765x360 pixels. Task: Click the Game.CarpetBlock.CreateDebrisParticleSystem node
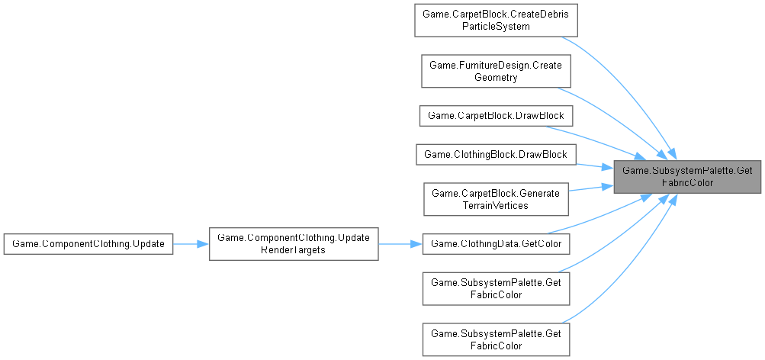[495, 21]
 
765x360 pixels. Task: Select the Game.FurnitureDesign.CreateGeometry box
[495, 71]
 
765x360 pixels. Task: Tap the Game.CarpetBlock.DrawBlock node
[495, 115]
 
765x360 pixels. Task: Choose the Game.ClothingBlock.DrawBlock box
[495, 155]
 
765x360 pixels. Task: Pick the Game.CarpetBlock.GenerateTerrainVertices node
[495, 199]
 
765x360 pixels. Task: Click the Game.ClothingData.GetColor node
[495, 243]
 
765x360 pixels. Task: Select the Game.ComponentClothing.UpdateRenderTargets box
[294, 243]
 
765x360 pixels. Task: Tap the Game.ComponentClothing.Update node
[88, 243]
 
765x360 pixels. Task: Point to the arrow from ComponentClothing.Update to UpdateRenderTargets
[191, 243]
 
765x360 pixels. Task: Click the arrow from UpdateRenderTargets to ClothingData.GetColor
[400, 243]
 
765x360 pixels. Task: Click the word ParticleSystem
[495, 26]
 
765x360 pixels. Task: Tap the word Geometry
[495, 77]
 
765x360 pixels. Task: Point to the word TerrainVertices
[495, 205]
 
